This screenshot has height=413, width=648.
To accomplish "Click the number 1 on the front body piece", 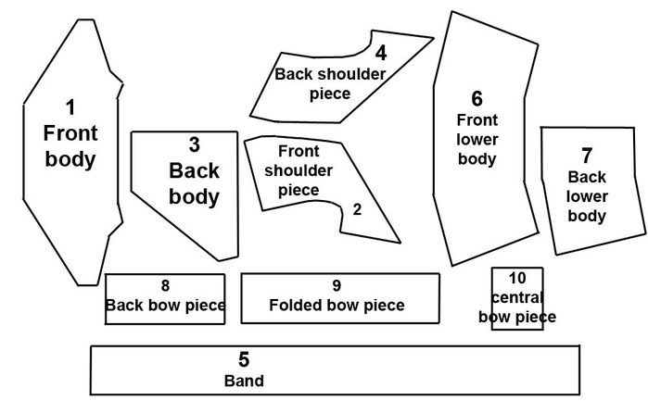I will tap(70, 106).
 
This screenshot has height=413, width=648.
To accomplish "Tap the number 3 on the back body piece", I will tap(194, 144).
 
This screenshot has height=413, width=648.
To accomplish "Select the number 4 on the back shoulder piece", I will tap(380, 53).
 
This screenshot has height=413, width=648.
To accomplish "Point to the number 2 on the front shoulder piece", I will tap(357, 208).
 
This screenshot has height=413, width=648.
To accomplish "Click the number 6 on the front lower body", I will tap(476, 98).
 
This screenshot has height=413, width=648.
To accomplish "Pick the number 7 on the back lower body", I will tap(586, 155).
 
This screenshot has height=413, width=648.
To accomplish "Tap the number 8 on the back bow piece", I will tap(165, 286).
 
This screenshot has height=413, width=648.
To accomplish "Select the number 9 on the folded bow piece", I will tap(337, 286).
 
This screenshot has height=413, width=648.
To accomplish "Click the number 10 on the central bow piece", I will tap(517, 278).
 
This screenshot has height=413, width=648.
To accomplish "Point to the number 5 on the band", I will tap(244, 359).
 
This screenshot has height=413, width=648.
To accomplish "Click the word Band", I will tap(244, 381).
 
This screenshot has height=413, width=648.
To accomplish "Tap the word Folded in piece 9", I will tap(297, 306).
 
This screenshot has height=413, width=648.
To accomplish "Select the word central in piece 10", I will tap(517, 297).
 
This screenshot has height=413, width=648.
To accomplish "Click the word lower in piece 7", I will tap(587, 196).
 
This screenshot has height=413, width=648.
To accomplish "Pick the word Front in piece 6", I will tap(477, 119).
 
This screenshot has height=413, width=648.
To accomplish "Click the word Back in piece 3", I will tap(195, 170).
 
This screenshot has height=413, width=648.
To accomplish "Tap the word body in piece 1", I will tap(70, 158).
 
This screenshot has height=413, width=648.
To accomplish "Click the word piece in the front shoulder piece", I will tap(299, 190).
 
